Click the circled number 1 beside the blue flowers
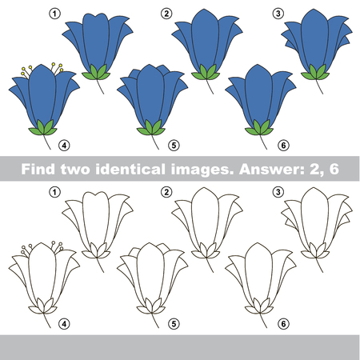coord(55,14)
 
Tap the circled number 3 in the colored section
coord(278,14)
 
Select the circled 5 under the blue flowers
coord(174,146)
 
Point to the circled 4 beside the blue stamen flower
coord(64,146)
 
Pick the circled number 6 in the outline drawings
coord(283,324)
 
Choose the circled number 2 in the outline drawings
coord(166,192)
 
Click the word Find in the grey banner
coord(38,169)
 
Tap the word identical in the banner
coord(130,169)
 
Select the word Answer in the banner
coord(272,169)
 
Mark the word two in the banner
coord(75,170)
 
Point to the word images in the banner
coord(202,170)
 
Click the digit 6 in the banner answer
coord(334,169)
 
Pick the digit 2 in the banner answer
coord(314,169)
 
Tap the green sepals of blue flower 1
coord(96,73)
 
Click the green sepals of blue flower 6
coord(259,128)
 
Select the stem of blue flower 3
coord(319,86)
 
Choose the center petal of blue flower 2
coord(206,40)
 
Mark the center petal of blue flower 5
coord(150,94)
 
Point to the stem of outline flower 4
coord(47,320)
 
